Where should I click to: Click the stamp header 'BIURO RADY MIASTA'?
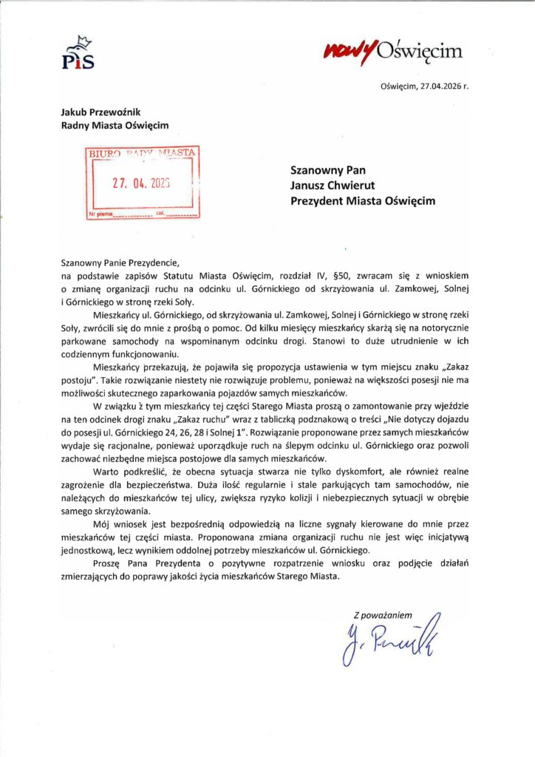(x=142, y=152)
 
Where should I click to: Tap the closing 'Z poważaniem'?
(x=382, y=615)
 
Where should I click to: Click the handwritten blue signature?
(x=386, y=637)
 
